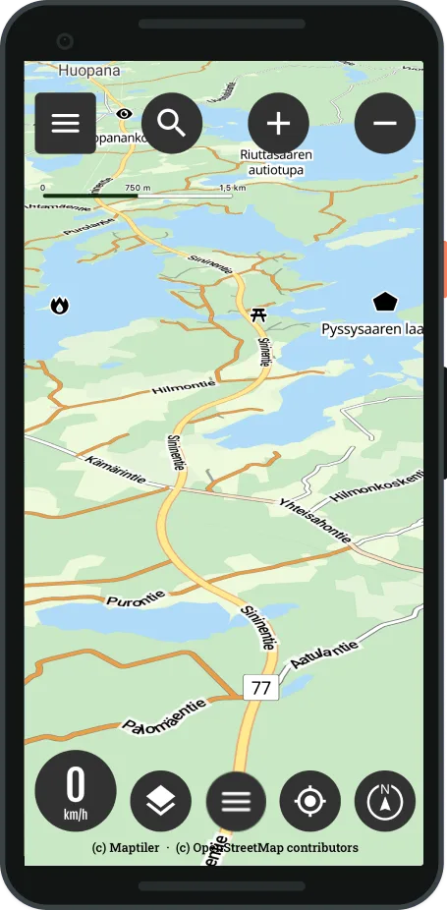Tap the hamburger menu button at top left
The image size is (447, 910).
point(66,124)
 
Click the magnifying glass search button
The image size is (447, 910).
point(172,124)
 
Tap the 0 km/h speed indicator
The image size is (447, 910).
point(76,791)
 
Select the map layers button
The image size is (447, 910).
point(160,801)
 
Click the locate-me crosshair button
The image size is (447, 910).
point(310,801)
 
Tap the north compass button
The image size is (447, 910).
point(385,801)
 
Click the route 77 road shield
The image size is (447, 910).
point(261,688)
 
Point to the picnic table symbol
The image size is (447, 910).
point(258,314)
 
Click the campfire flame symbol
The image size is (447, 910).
point(61,306)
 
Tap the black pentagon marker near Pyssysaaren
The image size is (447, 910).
point(385,303)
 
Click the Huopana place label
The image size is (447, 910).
point(88,71)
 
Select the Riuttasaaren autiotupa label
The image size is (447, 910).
point(276,162)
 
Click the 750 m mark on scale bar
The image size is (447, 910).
point(137,188)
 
